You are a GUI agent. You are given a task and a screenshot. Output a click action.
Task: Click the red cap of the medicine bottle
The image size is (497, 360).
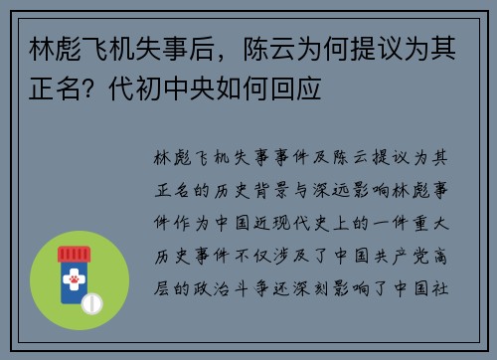click(80, 256)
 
